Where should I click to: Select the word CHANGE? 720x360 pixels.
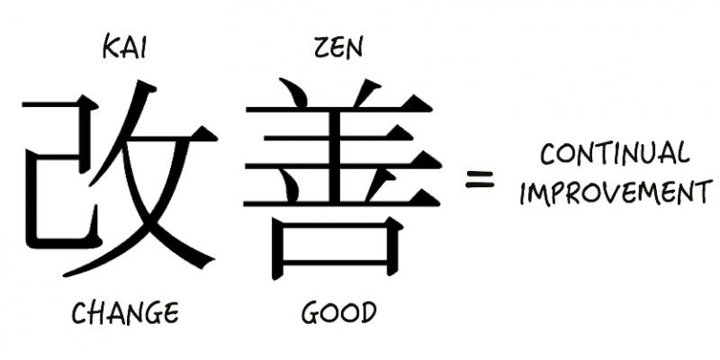[x=125, y=313]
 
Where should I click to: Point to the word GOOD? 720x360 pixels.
[x=338, y=313]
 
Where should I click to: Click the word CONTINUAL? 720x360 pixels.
[x=615, y=155]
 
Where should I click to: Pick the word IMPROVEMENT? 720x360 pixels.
[x=615, y=193]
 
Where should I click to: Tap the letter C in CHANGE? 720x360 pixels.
[x=79, y=313]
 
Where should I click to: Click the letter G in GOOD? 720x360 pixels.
[x=310, y=313]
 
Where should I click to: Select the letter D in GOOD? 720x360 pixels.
[x=367, y=313]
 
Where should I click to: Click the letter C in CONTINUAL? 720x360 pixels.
[x=547, y=155]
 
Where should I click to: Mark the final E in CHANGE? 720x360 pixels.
[x=171, y=313]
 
